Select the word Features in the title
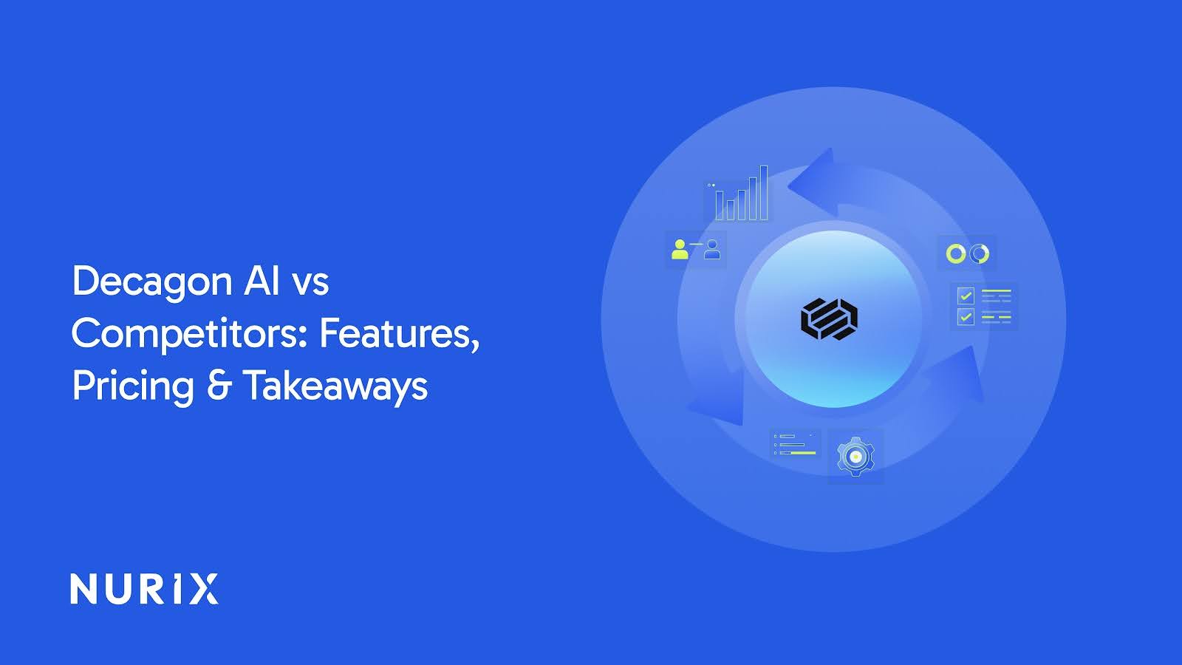point(399,334)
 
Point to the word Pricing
point(133,386)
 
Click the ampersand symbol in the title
point(219,386)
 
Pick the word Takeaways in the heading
point(335,386)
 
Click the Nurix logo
point(144,589)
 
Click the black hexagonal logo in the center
point(829,319)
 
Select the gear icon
point(855,457)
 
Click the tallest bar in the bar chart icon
point(763,192)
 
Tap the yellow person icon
point(680,249)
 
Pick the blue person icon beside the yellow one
point(712,249)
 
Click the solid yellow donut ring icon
point(956,253)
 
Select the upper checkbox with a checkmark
point(965,296)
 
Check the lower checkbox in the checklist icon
point(965,317)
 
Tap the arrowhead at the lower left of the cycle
point(720,403)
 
